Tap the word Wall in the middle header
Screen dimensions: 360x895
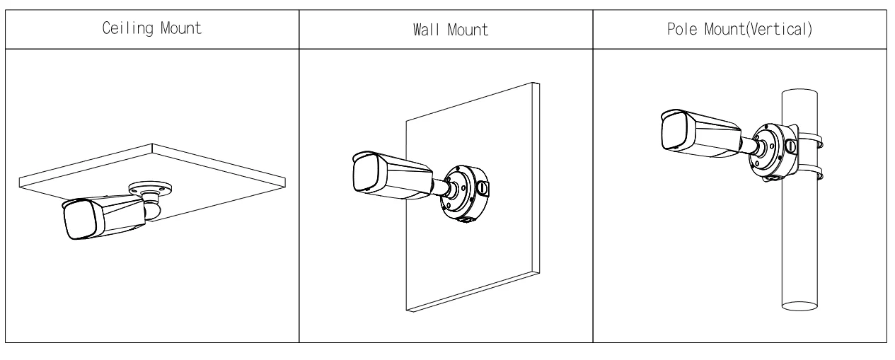[x=420, y=30]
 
